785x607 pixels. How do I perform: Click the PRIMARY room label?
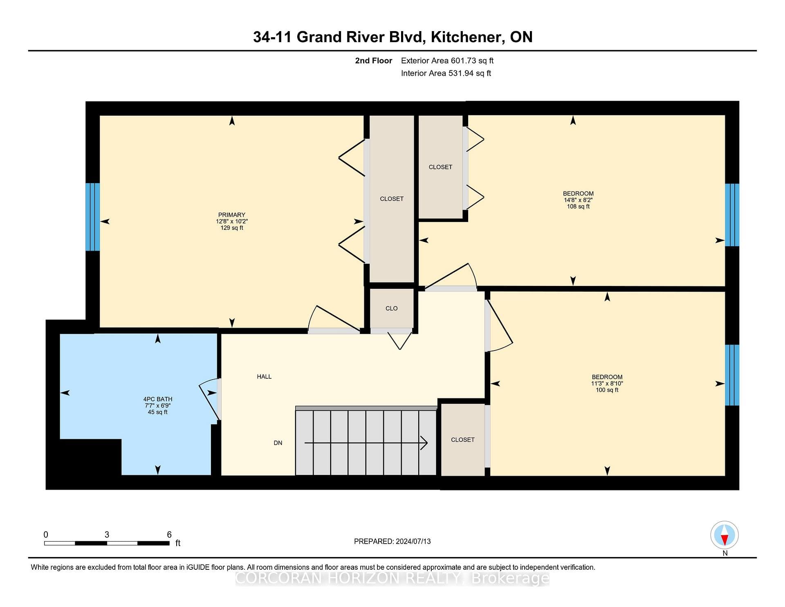pos(232,215)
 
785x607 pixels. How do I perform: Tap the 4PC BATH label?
pos(158,399)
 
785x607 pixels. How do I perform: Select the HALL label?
pos(264,377)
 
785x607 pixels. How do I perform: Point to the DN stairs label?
pos(278,443)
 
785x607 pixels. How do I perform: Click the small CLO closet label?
pos(392,308)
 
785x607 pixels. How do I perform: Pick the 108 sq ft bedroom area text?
pos(578,207)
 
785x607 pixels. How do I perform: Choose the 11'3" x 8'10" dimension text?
pos(607,384)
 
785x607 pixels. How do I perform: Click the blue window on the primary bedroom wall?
pos(93,217)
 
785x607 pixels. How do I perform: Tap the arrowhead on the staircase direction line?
pos(424,443)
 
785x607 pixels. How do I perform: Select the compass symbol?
pos(724,535)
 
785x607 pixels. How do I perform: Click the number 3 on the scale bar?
pos(107,535)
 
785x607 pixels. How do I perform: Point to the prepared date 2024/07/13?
pos(413,541)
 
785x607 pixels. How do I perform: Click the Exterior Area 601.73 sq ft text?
pos(447,61)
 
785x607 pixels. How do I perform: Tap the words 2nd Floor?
pos(373,61)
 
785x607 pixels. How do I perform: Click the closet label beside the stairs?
pos(463,440)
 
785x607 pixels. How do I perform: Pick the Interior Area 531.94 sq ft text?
pos(446,73)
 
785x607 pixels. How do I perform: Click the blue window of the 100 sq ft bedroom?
pos(732,375)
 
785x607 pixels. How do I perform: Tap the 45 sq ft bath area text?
pos(158,412)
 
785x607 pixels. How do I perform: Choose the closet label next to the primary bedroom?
pos(392,199)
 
